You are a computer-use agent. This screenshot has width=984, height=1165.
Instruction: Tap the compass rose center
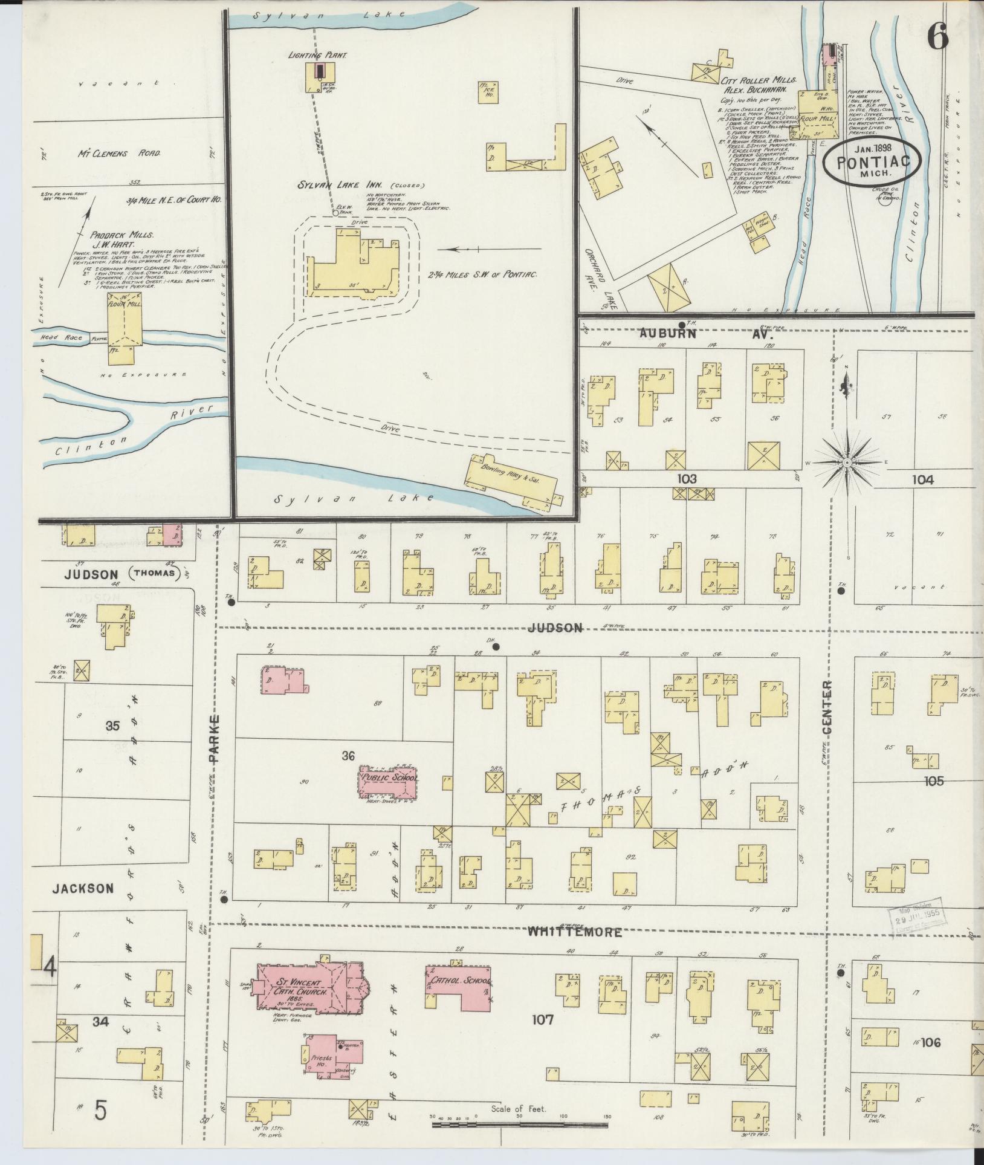coord(847,462)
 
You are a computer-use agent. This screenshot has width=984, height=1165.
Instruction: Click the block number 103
coord(686,479)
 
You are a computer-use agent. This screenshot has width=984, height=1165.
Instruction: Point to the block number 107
coord(542,1021)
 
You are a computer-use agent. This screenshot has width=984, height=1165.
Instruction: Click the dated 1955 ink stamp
coord(917,918)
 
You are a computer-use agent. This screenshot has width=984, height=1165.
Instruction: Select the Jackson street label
coord(83,889)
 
